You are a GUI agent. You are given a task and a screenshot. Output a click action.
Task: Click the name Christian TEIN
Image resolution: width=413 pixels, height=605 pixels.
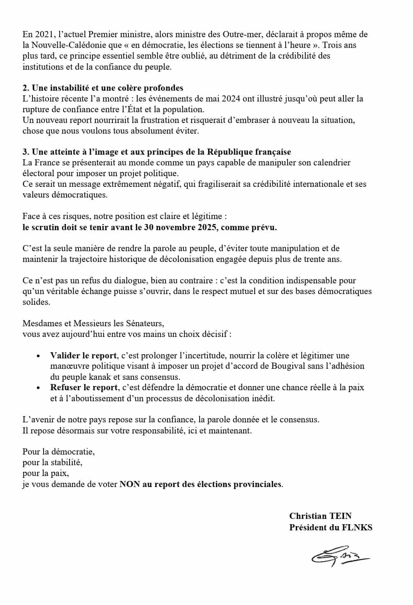[x=320, y=516]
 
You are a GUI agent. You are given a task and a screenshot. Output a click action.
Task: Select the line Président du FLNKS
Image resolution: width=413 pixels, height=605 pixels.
[x=330, y=527]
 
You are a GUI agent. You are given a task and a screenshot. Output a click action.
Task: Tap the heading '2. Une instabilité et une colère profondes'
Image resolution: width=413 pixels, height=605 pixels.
[x=103, y=88]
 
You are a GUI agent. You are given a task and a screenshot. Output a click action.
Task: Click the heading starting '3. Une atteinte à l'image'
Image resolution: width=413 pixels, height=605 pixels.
[x=157, y=152]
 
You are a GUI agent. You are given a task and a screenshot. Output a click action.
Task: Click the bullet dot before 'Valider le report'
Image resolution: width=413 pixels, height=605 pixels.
[x=38, y=356]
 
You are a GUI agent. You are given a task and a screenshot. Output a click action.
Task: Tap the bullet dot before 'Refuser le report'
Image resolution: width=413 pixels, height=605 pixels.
[x=38, y=388]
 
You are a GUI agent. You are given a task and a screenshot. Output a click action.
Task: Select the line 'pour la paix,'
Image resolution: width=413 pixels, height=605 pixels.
[x=46, y=473]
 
